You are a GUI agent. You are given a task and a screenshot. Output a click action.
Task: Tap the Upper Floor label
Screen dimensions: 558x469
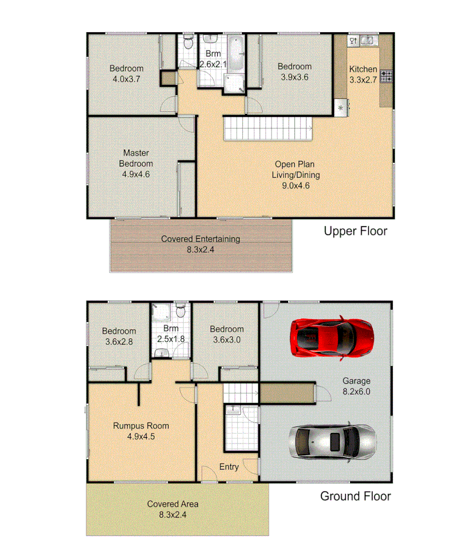pos(355,231)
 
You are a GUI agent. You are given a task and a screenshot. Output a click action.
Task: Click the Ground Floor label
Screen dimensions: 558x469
pos(355,496)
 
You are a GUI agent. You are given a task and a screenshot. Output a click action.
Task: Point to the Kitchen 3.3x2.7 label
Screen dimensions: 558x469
pos(363,74)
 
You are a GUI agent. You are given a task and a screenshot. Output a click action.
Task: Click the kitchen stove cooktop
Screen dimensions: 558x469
pos(386,76)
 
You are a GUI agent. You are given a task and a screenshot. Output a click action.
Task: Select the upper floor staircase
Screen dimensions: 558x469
pos(268,129)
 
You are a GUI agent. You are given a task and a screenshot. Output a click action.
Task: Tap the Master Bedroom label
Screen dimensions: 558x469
pos(136,163)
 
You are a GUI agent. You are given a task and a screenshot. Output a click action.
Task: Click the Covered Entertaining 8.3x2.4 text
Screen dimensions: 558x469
pos(200,244)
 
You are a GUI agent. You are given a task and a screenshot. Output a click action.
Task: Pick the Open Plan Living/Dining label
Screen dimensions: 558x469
pos(295,175)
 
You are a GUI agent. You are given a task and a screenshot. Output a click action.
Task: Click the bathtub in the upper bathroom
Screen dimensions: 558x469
pos(236,53)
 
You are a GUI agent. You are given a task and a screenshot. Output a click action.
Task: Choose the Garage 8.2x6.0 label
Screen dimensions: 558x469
pos(356,386)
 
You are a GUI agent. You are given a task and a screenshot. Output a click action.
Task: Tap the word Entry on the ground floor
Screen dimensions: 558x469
pos(229,467)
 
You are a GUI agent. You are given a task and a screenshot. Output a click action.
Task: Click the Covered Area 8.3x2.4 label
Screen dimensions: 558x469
pos(173,509)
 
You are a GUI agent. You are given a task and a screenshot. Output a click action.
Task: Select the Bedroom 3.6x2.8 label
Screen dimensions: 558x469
pos(119,336)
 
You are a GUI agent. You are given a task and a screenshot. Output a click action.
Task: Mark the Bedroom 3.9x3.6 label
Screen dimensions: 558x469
pos(294,72)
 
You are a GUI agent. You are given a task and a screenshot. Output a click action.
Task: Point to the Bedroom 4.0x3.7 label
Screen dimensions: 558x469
pos(126,74)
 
